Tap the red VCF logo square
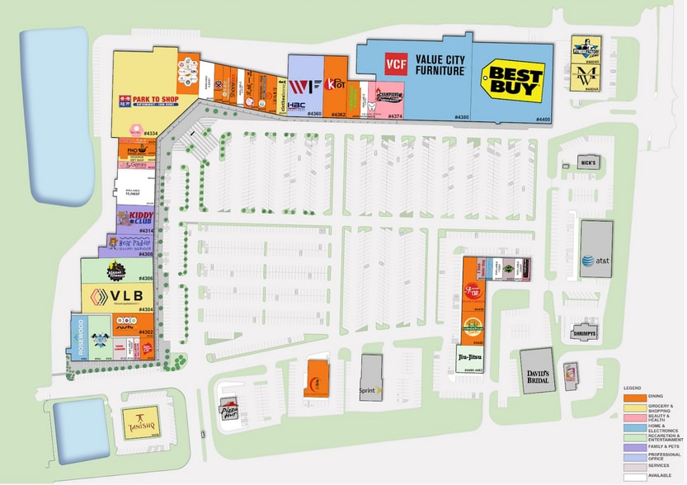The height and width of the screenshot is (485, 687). click(397, 64)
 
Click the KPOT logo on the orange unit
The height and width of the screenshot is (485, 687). click(335, 84)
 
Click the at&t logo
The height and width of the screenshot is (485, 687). click(595, 261)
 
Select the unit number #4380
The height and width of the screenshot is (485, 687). click(462, 117)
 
